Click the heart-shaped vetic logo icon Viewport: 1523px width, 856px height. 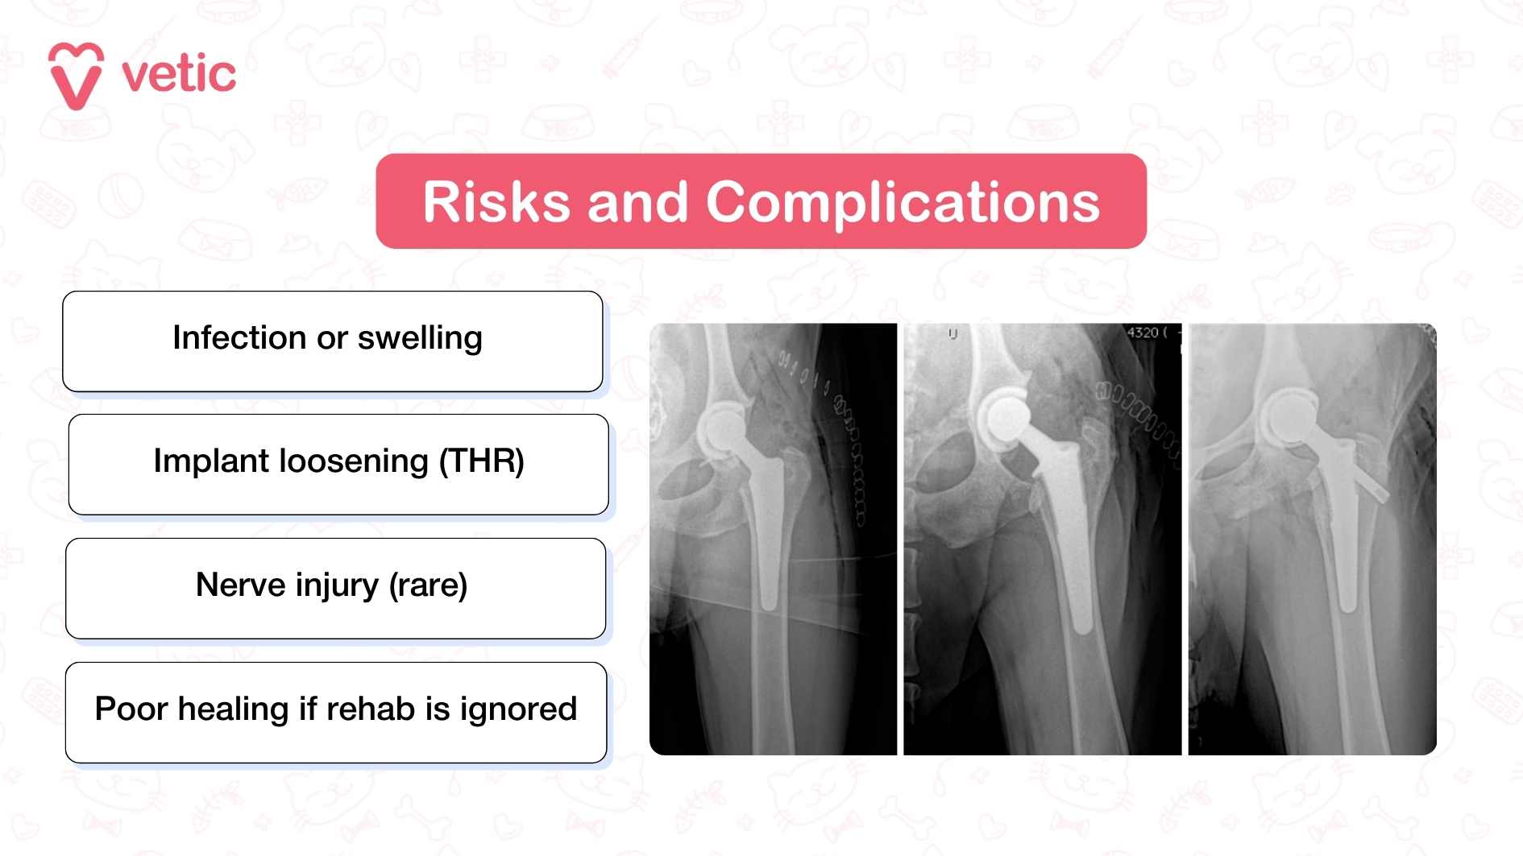[76, 75]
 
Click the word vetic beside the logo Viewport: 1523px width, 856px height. [178, 75]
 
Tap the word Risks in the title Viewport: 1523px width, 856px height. [496, 202]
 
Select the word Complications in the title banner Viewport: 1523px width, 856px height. [903, 202]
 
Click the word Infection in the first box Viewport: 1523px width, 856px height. [239, 338]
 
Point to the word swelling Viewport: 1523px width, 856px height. [420, 338]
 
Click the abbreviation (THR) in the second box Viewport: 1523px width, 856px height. [481, 461]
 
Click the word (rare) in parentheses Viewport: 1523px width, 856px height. [428, 585]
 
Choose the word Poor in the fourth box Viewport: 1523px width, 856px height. [131, 709]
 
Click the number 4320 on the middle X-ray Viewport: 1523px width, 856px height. [1142, 333]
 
